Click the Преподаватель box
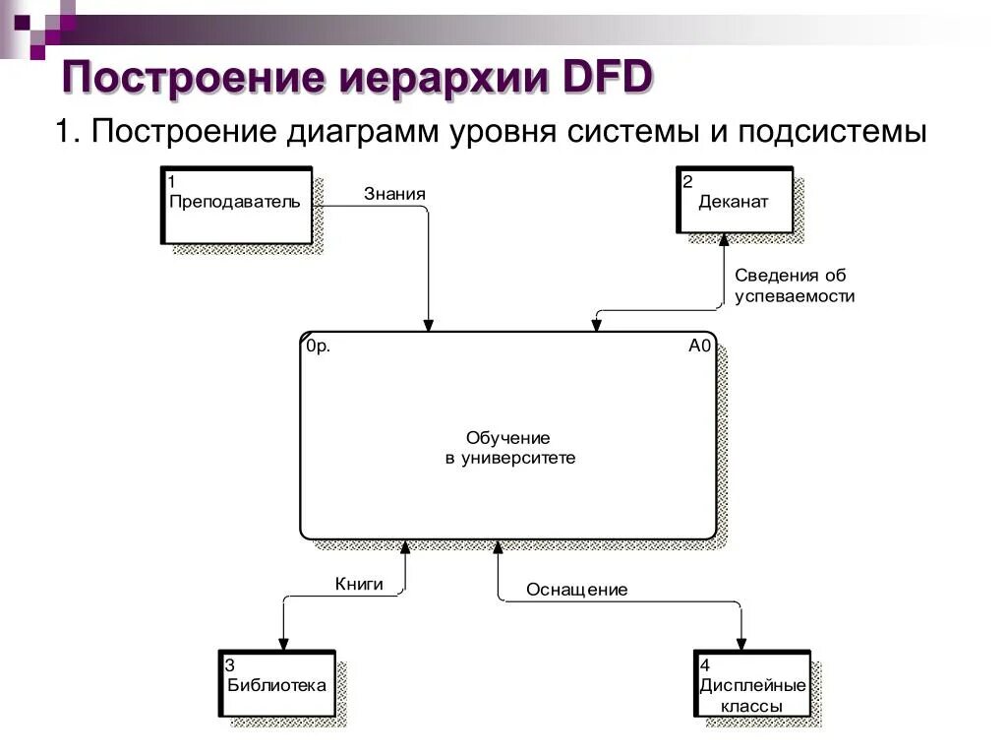pos(236,206)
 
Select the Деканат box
pos(735,202)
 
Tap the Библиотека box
pos(276,684)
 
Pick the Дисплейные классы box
pos(752,685)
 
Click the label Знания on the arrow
pos(394,194)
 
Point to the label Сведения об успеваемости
pos(794,285)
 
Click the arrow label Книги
pos(359,584)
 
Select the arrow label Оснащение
pos(576,590)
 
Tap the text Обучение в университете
pos(507,447)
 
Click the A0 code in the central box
pos(699,346)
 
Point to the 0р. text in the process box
pos(318,346)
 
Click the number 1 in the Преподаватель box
pos(172,181)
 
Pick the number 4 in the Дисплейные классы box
pos(703,664)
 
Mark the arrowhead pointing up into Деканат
pos(723,239)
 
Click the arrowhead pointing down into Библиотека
pos(282,644)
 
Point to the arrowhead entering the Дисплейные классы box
pos(741,644)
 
